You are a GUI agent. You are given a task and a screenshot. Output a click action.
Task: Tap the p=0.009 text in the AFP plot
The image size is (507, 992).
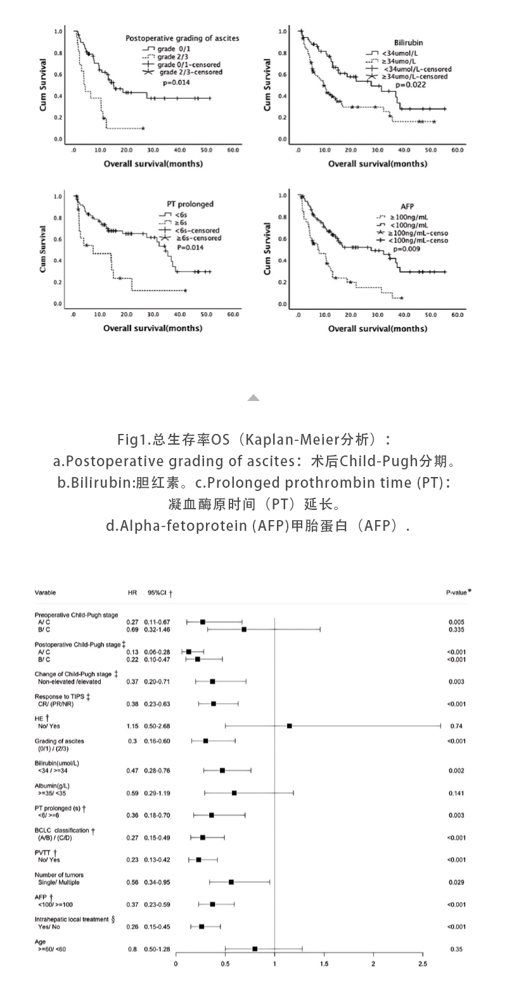coord(406,249)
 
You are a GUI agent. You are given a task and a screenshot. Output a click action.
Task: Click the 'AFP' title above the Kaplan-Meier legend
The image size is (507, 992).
coord(408,207)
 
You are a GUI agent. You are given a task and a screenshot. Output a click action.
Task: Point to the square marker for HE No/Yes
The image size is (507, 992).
coord(289,726)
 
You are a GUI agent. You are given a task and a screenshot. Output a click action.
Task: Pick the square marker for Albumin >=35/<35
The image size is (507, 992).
coord(234,793)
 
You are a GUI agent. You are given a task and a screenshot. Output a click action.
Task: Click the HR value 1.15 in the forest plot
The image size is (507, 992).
coord(132,726)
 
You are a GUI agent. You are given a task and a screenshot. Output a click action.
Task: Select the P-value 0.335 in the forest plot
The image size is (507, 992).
coord(456,630)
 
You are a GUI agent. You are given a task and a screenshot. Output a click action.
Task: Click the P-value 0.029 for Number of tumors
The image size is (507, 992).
coord(456,882)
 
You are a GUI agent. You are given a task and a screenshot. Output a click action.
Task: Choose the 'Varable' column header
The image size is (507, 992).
coord(45,592)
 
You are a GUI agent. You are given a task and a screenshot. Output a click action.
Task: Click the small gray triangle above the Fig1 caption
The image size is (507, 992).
coord(253,398)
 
